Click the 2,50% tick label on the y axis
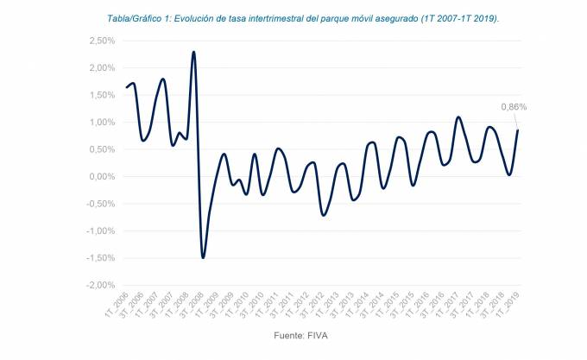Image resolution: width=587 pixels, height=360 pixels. pos(101,41)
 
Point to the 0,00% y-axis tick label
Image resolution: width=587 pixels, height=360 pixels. pos(101,176)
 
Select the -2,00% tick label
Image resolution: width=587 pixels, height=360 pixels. pos(100,285)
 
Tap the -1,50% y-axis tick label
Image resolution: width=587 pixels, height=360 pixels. pos(100,258)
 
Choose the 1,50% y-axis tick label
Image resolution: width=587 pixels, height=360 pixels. pos(101,95)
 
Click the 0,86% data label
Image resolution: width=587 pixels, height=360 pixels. pos(514,107)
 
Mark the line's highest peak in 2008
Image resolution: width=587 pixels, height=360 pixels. pos(193,52)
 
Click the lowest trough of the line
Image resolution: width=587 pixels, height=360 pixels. pos(203,257)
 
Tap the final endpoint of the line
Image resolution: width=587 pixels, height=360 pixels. pos(518,130)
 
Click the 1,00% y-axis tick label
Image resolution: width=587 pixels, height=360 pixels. pos(101,122)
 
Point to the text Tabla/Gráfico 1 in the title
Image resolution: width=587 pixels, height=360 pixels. pos(132,17)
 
